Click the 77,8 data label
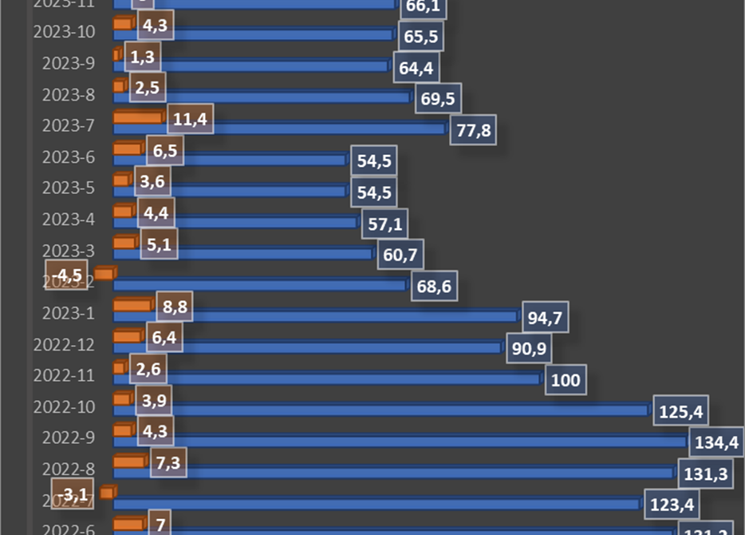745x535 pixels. (473, 130)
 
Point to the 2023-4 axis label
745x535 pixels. (69, 219)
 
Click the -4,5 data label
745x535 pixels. (65, 275)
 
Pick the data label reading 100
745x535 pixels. (565, 380)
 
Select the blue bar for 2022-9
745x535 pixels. (399, 442)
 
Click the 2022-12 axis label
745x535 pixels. (64, 344)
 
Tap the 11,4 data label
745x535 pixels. (190, 121)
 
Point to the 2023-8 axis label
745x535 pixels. (69, 94)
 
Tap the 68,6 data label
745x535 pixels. (434, 286)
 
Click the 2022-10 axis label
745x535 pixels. (64, 406)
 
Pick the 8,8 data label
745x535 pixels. (169, 307)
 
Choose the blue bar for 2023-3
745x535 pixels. (242, 254)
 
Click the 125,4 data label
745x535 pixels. (680, 412)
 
